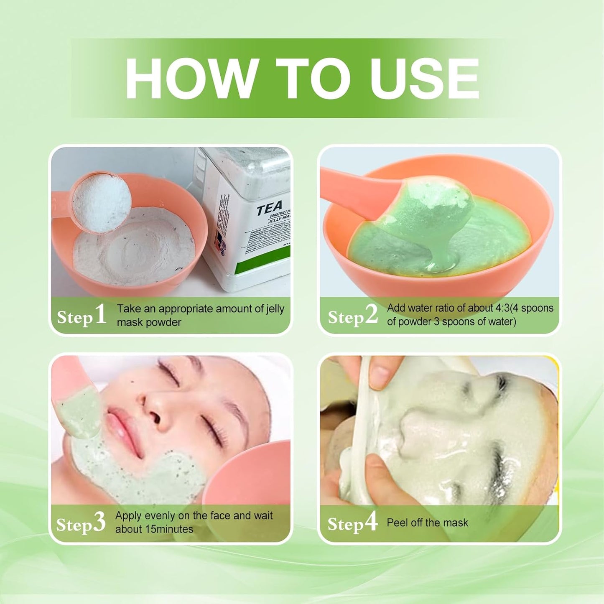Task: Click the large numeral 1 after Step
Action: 100,314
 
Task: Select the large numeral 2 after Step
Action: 371,314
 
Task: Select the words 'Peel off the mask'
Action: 427,522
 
